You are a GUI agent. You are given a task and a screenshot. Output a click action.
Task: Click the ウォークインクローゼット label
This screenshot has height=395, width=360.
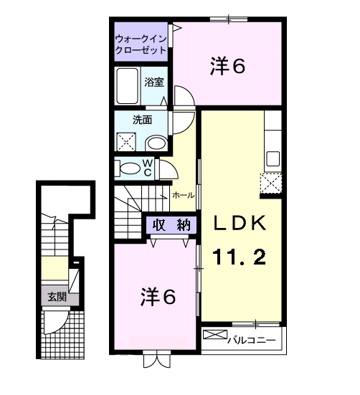[x=141, y=44]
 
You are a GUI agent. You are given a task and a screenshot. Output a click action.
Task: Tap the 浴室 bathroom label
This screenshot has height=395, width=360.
[x=153, y=82]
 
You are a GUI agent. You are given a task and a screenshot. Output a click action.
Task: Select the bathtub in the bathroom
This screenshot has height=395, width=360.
[x=128, y=85]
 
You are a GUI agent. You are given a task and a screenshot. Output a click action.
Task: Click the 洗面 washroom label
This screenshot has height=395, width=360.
[x=141, y=120]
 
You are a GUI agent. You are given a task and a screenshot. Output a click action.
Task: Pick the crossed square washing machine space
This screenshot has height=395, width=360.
[x=128, y=141]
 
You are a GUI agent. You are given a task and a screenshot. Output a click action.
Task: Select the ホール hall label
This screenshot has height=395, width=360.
[x=181, y=195]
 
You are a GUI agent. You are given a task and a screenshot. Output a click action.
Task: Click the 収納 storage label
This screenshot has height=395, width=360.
[x=171, y=224]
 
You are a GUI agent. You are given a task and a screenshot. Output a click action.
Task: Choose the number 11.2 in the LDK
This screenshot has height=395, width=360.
[x=240, y=256]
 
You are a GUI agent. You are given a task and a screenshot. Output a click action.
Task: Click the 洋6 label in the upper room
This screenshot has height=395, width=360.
[x=228, y=67]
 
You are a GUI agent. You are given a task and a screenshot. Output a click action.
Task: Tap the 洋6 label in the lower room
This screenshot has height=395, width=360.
[x=157, y=296]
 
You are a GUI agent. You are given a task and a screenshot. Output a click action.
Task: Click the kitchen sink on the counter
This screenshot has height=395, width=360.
[x=273, y=158]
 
